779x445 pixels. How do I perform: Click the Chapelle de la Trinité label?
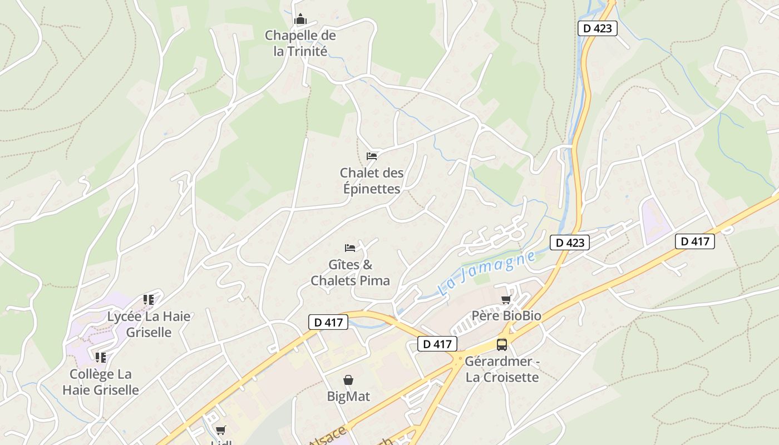[300, 43]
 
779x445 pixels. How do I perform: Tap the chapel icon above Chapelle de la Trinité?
[300, 19]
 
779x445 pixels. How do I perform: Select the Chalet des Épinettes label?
[372, 181]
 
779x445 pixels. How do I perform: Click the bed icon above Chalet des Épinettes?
[372, 156]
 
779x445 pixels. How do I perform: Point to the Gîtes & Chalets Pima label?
[350, 273]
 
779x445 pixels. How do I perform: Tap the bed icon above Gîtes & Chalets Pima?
[350, 248]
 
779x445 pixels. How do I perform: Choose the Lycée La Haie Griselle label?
[149, 324]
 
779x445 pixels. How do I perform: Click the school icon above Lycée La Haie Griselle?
[149, 300]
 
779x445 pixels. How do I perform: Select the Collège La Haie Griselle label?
[101, 382]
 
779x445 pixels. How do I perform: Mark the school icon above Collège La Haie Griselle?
[101, 357]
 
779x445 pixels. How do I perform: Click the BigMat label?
[348, 397]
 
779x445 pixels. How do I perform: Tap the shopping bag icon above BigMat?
[348, 380]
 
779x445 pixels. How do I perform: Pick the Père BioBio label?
[506, 316]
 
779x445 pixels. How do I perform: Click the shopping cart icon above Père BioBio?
[506, 300]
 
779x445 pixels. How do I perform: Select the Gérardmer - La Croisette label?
[502, 369]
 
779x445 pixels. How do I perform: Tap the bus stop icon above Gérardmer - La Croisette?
[502, 345]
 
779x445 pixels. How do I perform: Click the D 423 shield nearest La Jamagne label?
[570, 243]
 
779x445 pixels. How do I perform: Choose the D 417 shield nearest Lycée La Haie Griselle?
[328, 322]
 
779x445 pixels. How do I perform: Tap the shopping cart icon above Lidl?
[221, 430]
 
